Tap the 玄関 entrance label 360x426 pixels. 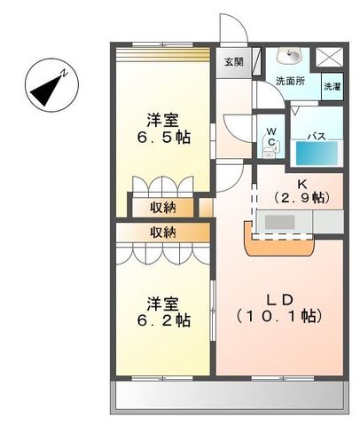[x=234, y=62]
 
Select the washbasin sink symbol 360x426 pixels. [x=290, y=57]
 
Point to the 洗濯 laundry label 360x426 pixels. [x=331, y=87]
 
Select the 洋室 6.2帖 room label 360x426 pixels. [x=164, y=312]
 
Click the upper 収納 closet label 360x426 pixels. [x=162, y=208]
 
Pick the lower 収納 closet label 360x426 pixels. [x=162, y=233]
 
